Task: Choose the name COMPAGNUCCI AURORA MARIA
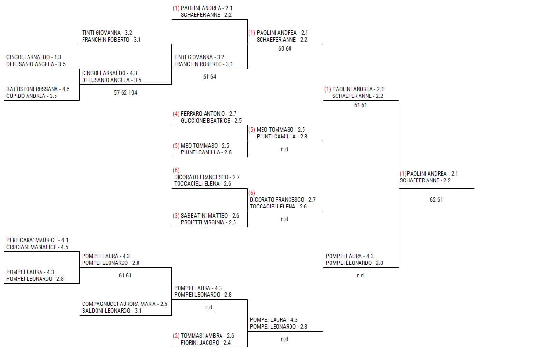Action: (x=119, y=304)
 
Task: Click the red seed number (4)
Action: (x=176, y=114)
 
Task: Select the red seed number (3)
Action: (x=176, y=216)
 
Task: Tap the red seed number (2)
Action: (x=176, y=336)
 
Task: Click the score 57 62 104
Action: (x=125, y=93)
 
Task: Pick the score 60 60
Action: (x=285, y=49)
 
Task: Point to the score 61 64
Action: (x=209, y=77)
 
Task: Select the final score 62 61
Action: (x=436, y=200)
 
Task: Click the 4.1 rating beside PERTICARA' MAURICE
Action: (x=65, y=240)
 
